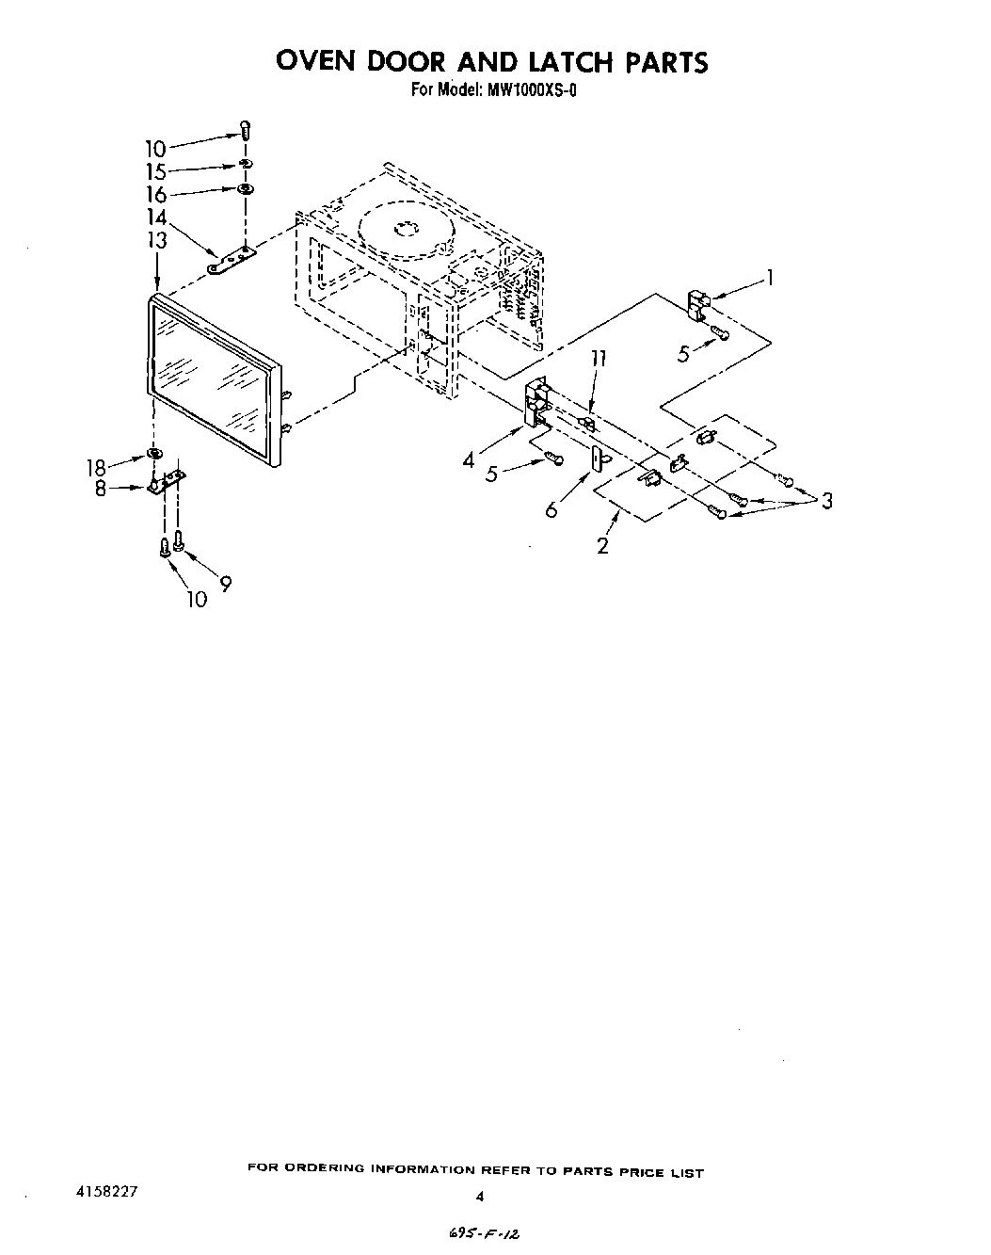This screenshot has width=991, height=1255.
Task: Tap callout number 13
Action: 156,240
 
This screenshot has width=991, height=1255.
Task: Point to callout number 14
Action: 156,218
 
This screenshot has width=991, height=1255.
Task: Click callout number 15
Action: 156,171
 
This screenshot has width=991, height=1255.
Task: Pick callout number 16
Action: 156,195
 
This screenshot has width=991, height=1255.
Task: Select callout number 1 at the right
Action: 770,278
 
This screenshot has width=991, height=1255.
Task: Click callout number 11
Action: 598,359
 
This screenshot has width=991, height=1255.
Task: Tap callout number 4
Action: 469,460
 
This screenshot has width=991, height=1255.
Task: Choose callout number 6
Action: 551,509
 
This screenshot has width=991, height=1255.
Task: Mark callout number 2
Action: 602,544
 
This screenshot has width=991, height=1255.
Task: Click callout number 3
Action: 826,501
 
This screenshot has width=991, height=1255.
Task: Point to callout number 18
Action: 97,467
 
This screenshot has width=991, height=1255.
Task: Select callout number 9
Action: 225,584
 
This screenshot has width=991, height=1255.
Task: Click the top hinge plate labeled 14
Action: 232,261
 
